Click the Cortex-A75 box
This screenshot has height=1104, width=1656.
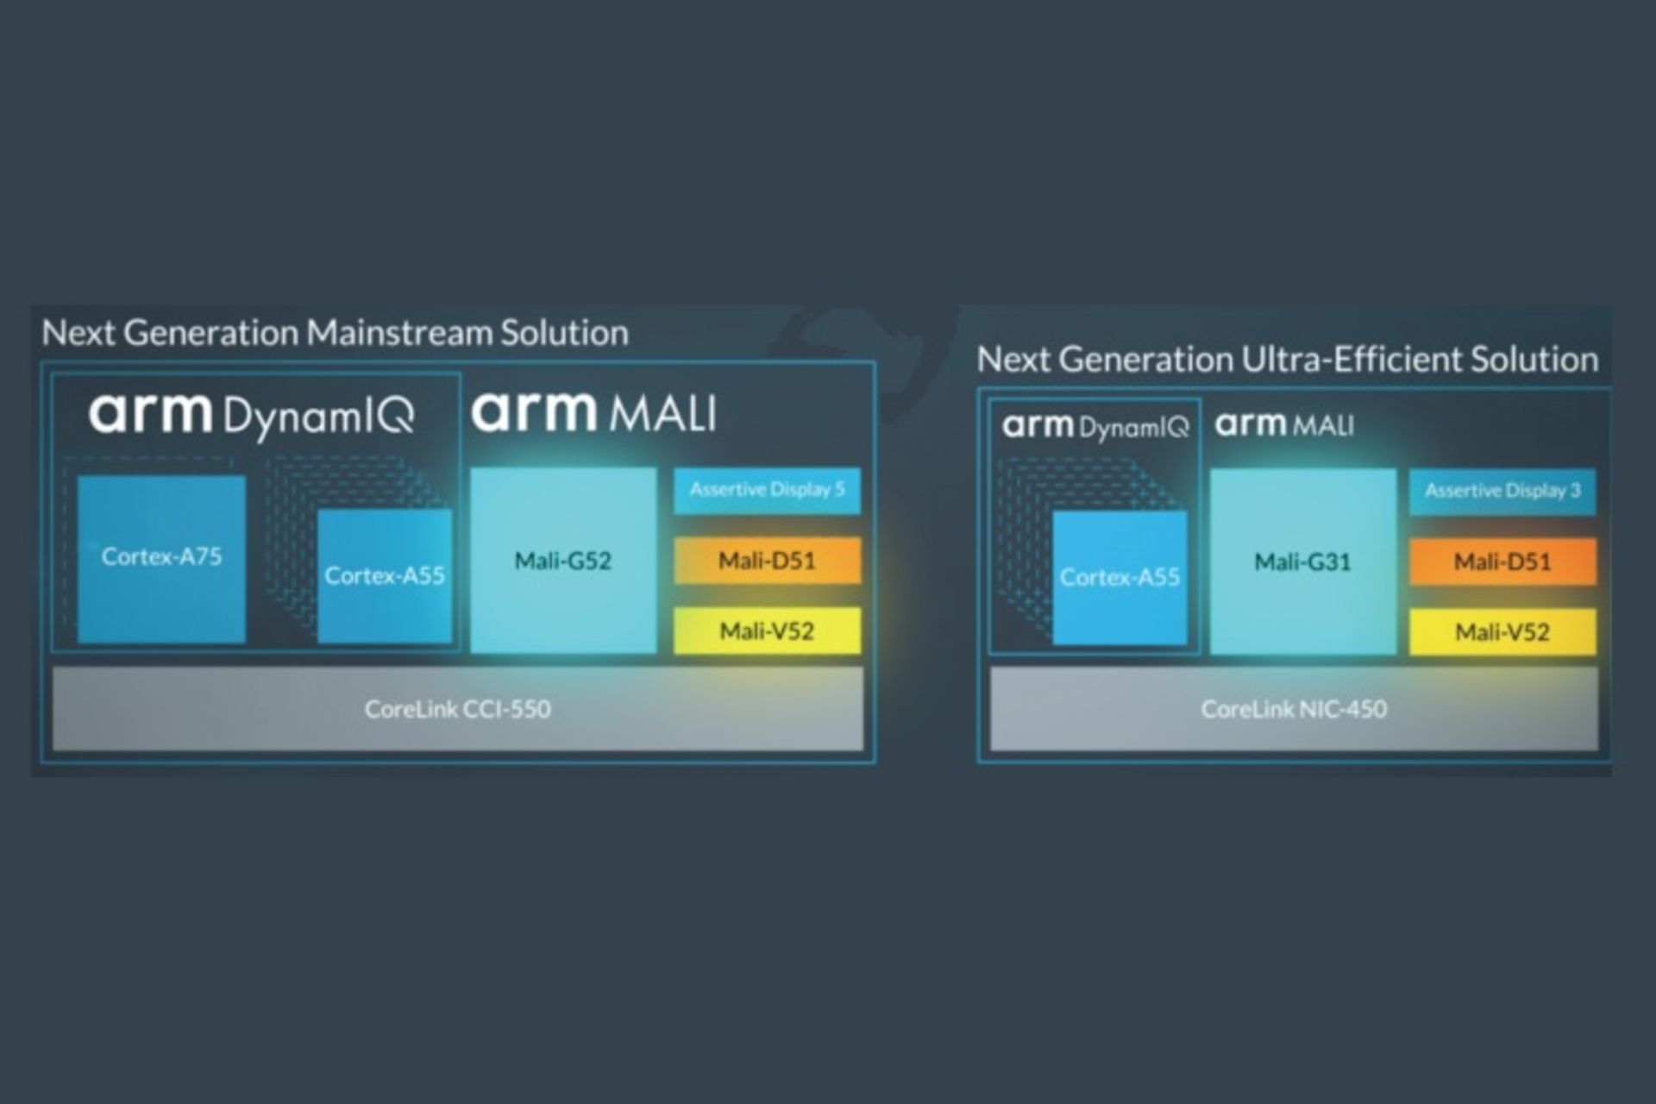(x=161, y=558)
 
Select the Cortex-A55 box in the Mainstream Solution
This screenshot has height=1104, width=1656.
(x=385, y=575)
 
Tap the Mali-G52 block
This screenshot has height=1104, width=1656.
(x=563, y=561)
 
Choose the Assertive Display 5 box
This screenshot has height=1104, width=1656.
(x=767, y=490)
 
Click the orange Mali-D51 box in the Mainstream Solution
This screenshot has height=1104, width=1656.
(x=767, y=561)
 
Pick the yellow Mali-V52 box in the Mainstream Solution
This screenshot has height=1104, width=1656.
(x=767, y=630)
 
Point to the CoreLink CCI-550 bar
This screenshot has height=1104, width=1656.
(x=457, y=709)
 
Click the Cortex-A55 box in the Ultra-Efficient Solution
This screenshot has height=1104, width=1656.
(x=1120, y=577)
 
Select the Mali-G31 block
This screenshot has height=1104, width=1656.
(x=1302, y=562)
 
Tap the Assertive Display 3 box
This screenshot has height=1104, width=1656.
(x=1502, y=492)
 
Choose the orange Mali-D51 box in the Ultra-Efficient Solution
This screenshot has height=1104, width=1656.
(x=1502, y=562)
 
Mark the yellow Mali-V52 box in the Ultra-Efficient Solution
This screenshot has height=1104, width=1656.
(x=1502, y=632)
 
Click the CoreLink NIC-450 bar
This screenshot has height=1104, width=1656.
(x=1294, y=709)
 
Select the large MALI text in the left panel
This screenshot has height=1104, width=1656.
(x=662, y=414)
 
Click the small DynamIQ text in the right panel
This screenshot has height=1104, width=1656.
(x=1133, y=428)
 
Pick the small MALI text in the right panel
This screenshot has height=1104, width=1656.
(x=1320, y=425)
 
